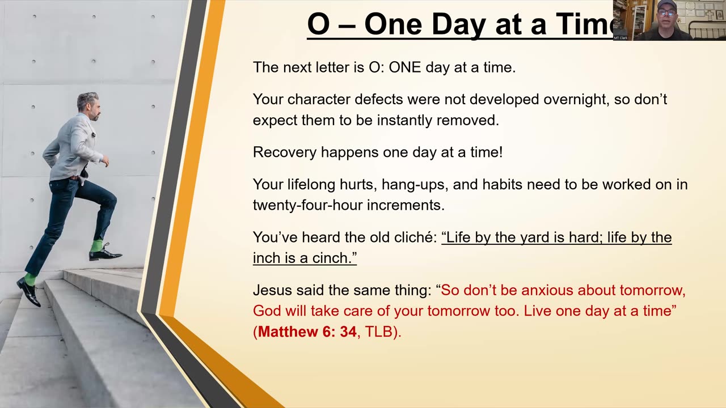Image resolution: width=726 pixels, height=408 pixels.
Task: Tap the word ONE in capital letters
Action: tap(405, 67)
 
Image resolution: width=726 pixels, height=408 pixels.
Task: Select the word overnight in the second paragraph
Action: tap(574, 100)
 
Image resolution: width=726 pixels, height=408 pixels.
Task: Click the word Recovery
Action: tap(285, 152)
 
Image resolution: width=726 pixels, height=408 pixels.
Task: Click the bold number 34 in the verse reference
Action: tap(348, 332)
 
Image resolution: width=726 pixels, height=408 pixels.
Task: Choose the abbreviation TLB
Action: tap(379, 332)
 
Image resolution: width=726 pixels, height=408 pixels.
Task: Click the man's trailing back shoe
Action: tap(28, 292)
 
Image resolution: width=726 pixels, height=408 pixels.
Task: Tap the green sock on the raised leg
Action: tap(96, 246)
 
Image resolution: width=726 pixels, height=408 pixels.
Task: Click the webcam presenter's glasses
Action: tap(666, 13)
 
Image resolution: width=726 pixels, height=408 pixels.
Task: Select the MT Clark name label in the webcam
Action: tap(621, 38)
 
